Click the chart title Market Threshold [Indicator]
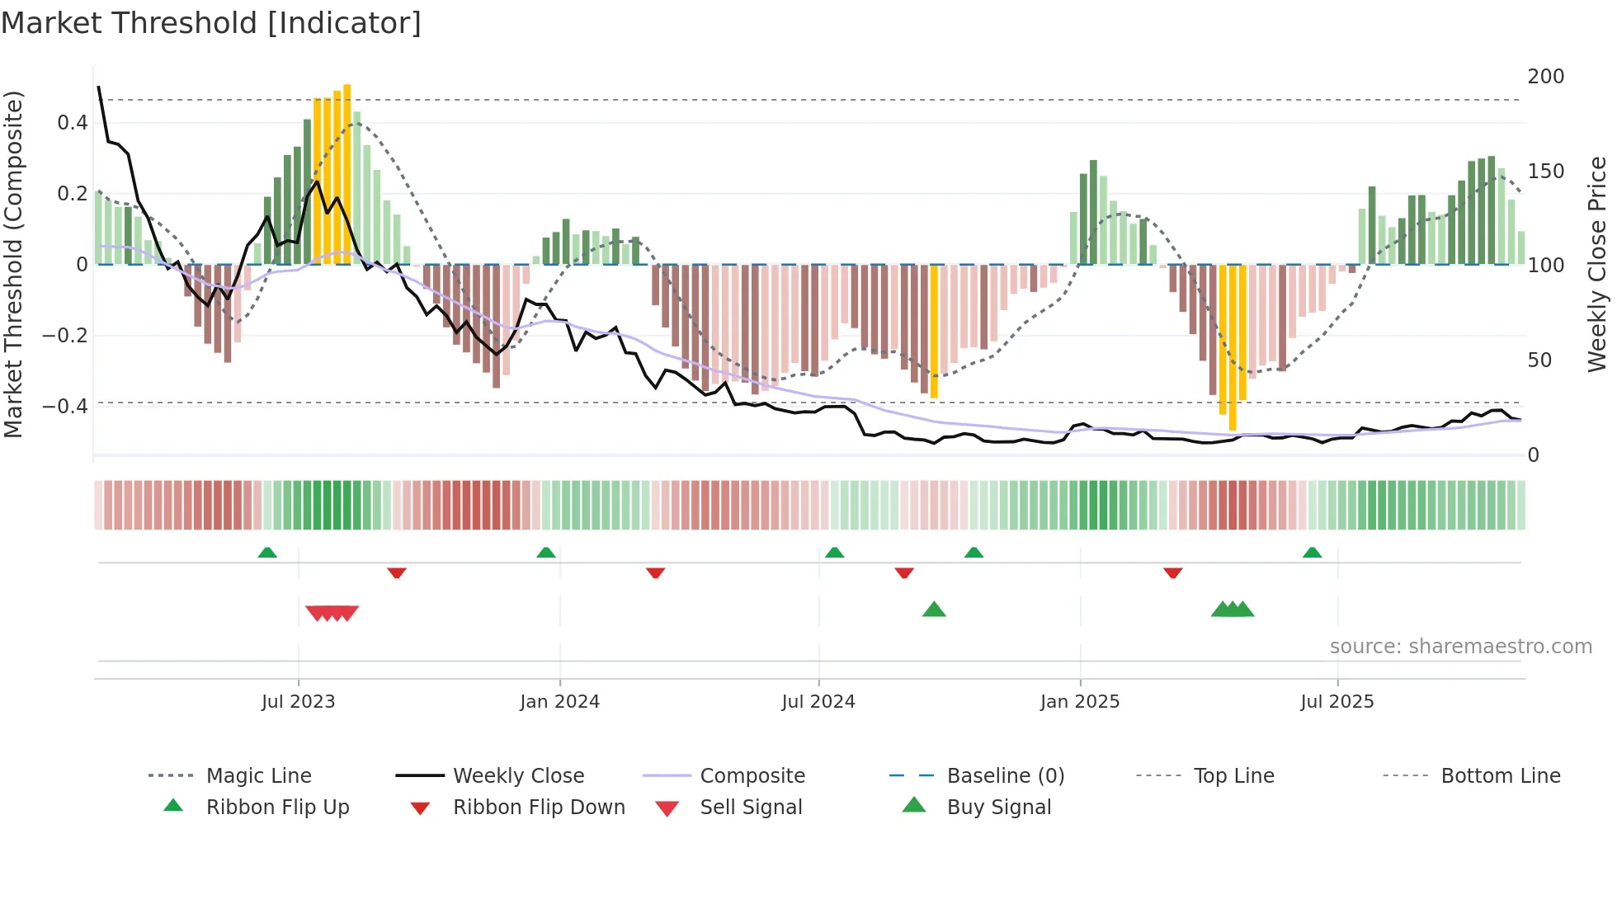click(211, 23)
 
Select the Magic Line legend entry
click(258, 776)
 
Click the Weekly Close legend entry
click(518, 776)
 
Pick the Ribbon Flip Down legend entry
click(539, 808)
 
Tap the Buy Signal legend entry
click(998, 808)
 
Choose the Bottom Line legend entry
click(1500, 776)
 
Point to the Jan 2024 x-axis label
click(559, 702)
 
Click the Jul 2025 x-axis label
click(1336, 702)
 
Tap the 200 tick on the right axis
click(1545, 77)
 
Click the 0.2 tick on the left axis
click(72, 194)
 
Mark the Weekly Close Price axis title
click(1597, 264)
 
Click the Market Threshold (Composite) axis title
click(13, 264)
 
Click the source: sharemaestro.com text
click(1460, 647)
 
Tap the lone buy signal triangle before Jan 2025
click(934, 610)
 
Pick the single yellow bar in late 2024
click(934, 330)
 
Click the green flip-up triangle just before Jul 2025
click(1312, 552)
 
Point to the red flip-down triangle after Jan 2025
click(1172, 572)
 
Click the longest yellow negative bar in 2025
click(1233, 346)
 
